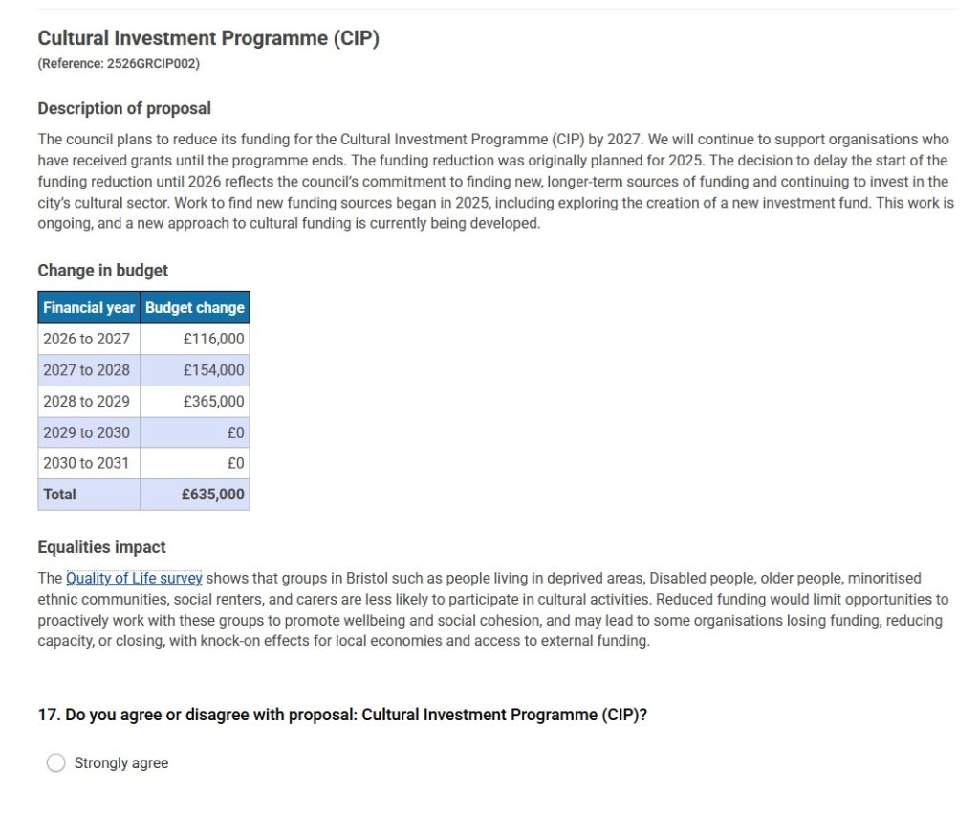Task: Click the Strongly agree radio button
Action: pyautogui.click(x=56, y=762)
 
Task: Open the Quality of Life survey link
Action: pyautogui.click(x=134, y=578)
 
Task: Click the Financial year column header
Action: pyautogui.click(x=89, y=308)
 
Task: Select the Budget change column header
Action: pyautogui.click(x=195, y=308)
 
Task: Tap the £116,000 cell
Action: pyautogui.click(x=213, y=339)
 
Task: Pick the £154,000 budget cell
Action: pyautogui.click(x=213, y=370)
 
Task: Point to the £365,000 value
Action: pyautogui.click(x=213, y=401)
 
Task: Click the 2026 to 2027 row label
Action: pyautogui.click(x=86, y=339)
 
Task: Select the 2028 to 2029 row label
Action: pyautogui.click(x=86, y=401)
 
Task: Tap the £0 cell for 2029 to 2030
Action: pyautogui.click(x=235, y=432)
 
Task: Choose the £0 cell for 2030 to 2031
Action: pyautogui.click(x=235, y=463)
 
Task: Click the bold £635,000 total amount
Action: pyautogui.click(x=212, y=495)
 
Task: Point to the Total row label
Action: pyautogui.click(x=59, y=495)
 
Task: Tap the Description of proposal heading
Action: pyautogui.click(x=124, y=109)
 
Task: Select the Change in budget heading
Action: pyautogui.click(x=102, y=271)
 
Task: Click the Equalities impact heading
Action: pyautogui.click(x=101, y=547)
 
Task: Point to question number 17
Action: pyautogui.click(x=48, y=716)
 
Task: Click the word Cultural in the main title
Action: pyautogui.click(x=76, y=39)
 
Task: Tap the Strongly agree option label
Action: pyautogui.click(x=121, y=763)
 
